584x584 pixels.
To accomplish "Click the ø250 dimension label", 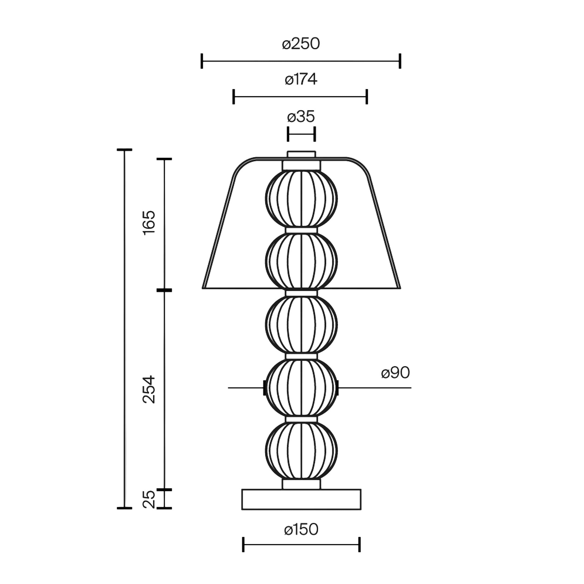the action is (x=301, y=44).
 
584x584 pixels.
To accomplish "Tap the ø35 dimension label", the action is (x=301, y=116).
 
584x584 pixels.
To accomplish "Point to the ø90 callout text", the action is (x=395, y=372).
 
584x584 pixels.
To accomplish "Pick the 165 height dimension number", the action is (x=149, y=223).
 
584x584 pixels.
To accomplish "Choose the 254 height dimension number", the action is (x=149, y=389).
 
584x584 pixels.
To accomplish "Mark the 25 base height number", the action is (x=149, y=500).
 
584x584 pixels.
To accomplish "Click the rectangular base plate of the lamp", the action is (x=301, y=499).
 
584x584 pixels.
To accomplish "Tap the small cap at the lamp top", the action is (x=301, y=154).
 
